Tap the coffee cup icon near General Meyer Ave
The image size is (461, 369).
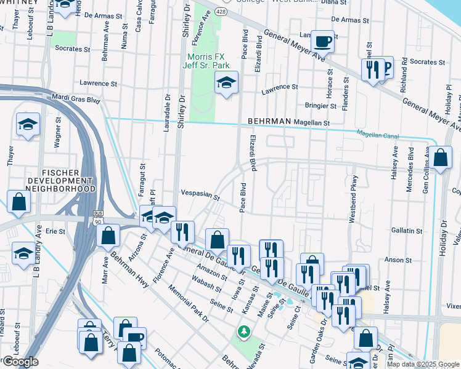(322, 42)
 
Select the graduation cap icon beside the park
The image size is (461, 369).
(226, 82)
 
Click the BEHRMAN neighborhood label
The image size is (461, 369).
(269, 122)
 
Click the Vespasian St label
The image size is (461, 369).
(200, 194)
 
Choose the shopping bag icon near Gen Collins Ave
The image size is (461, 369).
(442, 157)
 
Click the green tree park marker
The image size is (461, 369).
(244, 332)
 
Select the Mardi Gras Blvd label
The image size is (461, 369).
(76, 98)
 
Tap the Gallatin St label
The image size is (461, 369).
(409, 230)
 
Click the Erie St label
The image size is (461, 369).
(55, 231)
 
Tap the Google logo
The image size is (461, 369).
(20, 362)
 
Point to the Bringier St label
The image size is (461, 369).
(320, 106)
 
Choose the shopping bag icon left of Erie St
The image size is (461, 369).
(19, 202)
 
